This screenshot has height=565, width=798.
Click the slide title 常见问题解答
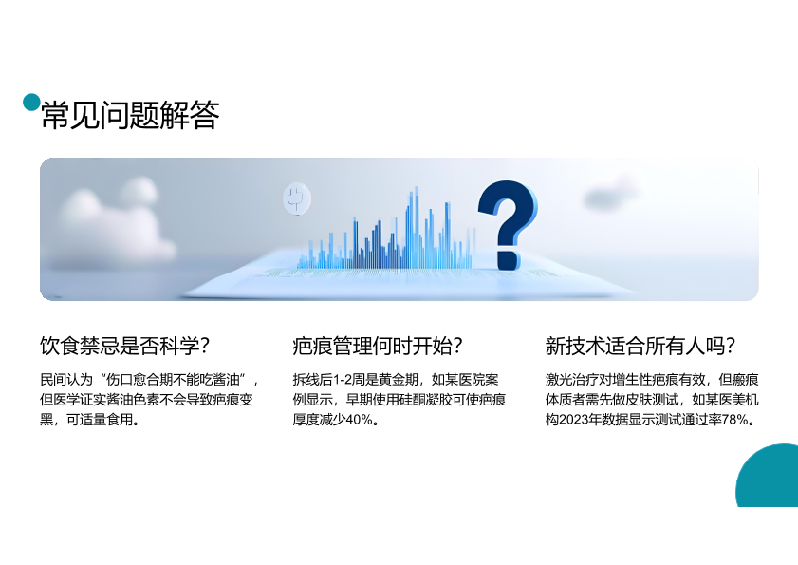coord(130,115)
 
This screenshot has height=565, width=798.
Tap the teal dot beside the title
coord(31,102)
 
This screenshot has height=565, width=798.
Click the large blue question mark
coord(507,225)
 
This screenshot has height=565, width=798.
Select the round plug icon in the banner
coord(297,198)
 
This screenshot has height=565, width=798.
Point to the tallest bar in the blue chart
coord(416,227)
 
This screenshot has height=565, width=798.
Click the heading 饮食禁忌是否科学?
coord(124,346)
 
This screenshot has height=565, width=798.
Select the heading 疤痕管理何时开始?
coord(377,346)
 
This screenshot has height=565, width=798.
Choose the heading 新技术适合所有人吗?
coord(640,346)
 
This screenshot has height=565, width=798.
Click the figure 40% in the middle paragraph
coord(360,420)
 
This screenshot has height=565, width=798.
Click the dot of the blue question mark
coord(508,260)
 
